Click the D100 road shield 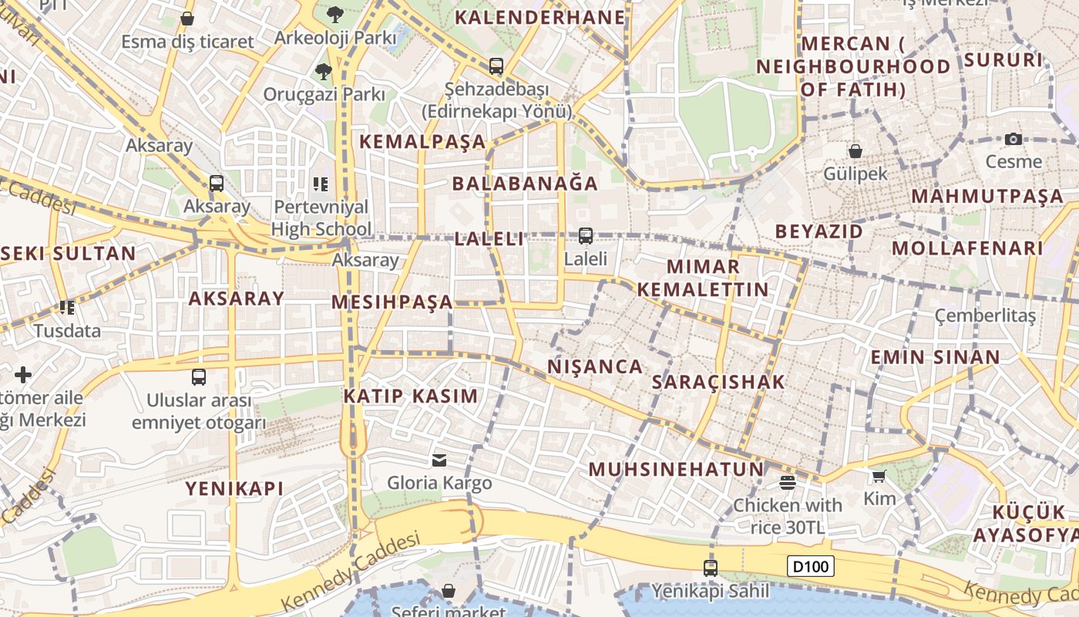point(811,567)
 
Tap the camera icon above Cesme point(1013,139)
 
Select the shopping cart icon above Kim point(879,476)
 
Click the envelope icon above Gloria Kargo point(439,460)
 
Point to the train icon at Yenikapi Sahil point(711,568)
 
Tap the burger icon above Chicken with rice point(787,483)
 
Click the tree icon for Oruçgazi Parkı point(323,72)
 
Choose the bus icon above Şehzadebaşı point(496,66)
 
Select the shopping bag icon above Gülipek point(855,150)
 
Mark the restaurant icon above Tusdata point(67,308)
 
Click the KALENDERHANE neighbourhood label point(539,18)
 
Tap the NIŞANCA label point(595,366)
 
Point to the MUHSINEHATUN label point(676,469)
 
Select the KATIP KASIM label point(411,396)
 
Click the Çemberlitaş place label point(985,315)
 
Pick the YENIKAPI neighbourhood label point(234,488)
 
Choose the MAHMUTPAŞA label point(987,196)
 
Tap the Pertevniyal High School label point(321,218)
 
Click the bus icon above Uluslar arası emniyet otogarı point(199,377)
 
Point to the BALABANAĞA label point(525,184)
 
